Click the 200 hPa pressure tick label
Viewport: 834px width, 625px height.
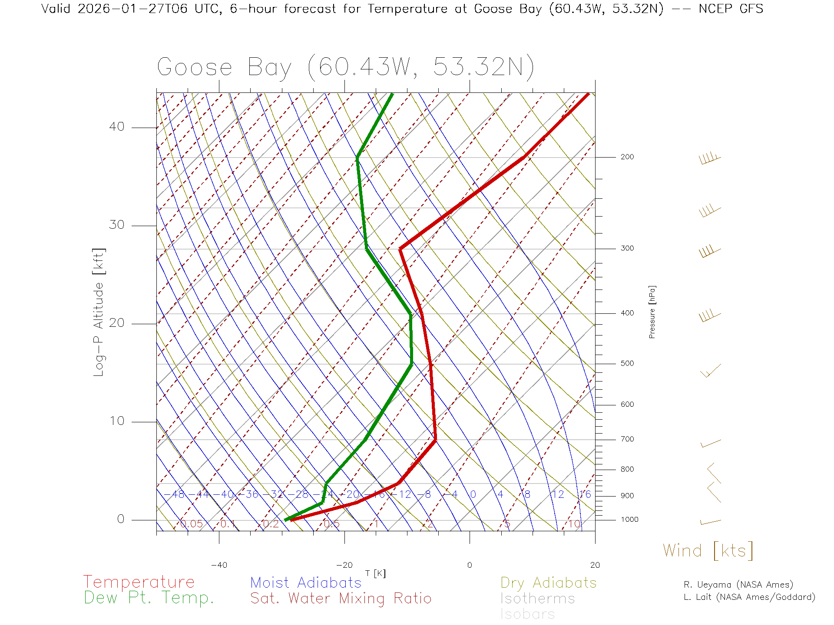click(x=627, y=157)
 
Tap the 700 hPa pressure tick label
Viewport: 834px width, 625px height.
click(x=627, y=439)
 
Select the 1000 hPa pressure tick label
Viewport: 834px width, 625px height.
click(x=629, y=520)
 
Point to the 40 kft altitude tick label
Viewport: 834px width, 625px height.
click(x=116, y=127)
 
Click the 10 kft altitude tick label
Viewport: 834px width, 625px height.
click(x=116, y=421)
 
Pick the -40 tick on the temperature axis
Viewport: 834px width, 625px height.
click(x=219, y=565)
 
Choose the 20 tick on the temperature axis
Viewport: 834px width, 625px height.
click(x=595, y=565)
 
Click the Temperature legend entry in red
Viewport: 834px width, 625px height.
click(x=139, y=582)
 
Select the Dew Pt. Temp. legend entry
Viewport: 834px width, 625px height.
click(x=149, y=598)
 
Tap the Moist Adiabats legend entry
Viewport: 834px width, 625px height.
click(x=306, y=582)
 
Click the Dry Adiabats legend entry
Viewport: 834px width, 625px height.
click(x=548, y=582)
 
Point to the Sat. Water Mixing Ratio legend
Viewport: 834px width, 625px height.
click(x=341, y=599)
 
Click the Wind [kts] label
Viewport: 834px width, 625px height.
click(x=708, y=551)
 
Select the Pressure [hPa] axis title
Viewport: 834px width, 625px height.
click(x=652, y=312)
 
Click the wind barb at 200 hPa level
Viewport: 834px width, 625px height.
click(x=710, y=158)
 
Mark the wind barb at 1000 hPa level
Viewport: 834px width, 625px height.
click(x=710, y=522)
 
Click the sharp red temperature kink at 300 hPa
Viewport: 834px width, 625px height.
click(x=400, y=249)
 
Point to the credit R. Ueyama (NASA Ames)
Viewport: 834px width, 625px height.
click(x=738, y=585)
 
